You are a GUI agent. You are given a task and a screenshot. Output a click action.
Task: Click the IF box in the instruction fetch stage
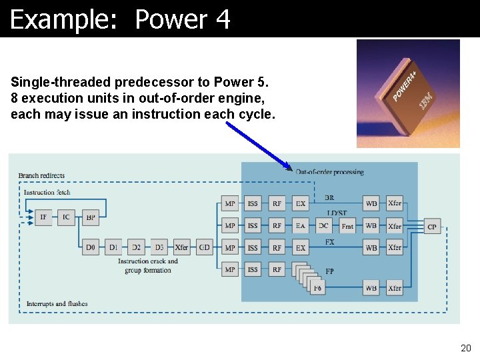pyautogui.click(x=43, y=217)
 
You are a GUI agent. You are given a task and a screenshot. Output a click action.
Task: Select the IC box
pyautogui.click(x=66, y=217)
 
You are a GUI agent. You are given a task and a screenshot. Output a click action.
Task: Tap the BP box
pyautogui.click(x=89, y=217)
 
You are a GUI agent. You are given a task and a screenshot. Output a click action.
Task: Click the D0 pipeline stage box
pyautogui.click(x=91, y=247)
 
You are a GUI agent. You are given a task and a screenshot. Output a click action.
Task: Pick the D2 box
pyautogui.click(x=136, y=247)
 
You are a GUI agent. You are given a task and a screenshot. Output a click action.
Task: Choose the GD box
pyautogui.click(x=205, y=247)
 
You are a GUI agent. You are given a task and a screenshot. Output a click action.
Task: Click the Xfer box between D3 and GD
pyautogui.click(x=181, y=247)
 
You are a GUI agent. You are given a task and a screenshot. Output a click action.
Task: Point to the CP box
pyautogui.click(x=432, y=227)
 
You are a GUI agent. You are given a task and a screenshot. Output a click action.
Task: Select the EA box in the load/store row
pyautogui.click(x=301, y=226)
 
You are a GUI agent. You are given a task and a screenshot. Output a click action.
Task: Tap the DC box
pyautogui.click(x=323, y=226)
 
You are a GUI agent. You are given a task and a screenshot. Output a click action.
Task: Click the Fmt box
pyautogui.click(x=347, y=226)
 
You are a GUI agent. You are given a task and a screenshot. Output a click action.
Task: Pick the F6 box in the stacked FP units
pyautogui.click(x=317, y=287)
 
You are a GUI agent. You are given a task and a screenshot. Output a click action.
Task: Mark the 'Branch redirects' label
pyautogui.click(x=41, y=176)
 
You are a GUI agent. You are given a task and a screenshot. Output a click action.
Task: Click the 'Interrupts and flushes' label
pyautogui.click(x=57, y=304)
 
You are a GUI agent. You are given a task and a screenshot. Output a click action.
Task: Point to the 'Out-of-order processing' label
pyautogui.click(x=329, y=172)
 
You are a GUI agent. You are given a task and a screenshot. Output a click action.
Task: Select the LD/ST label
pyautogui.click(x=337, y=213)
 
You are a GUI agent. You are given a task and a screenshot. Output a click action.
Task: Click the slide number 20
pyautogui.click(x=465, y=348)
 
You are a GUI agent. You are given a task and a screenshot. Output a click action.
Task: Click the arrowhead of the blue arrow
pyautogui.click(x=289, y=167)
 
